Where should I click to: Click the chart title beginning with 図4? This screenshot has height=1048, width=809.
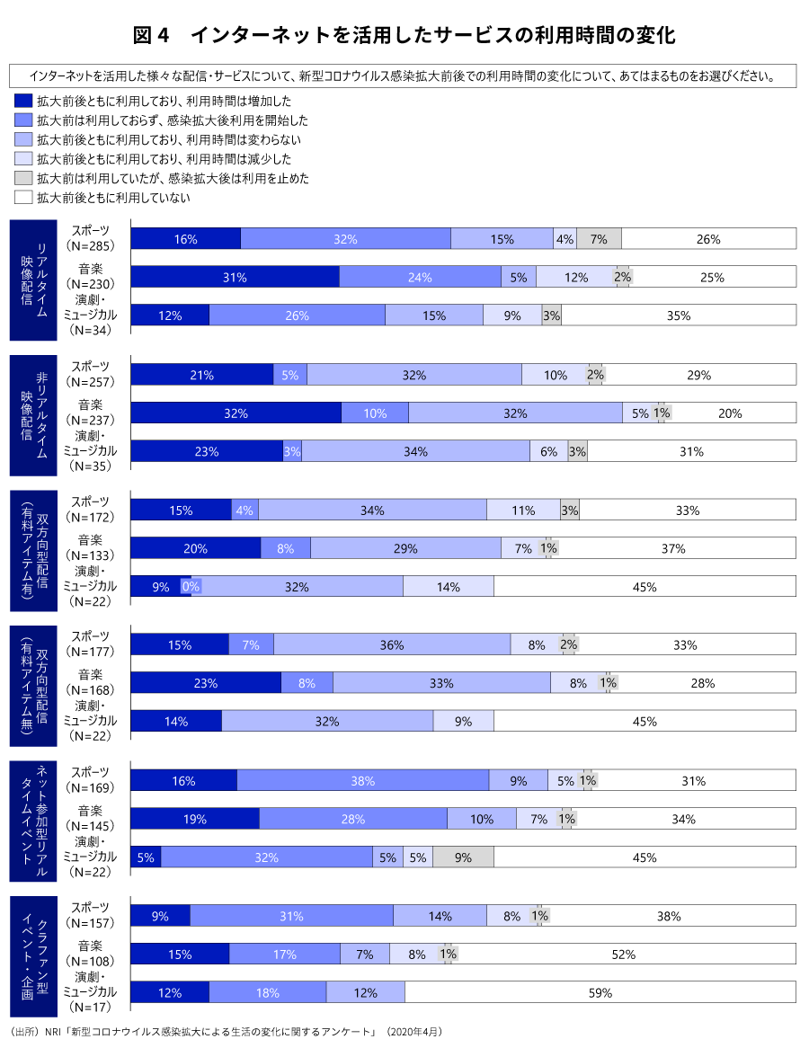coord(404,36)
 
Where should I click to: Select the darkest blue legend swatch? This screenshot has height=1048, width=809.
coord(23,102)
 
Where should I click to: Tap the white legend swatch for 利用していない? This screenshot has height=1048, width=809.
coord(23,197)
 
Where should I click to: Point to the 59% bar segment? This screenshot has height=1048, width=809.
coord(600,993)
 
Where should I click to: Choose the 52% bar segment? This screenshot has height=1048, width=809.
coord(624,955)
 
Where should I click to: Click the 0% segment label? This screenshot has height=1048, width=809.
coord(191,587)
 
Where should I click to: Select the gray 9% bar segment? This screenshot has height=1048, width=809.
coord(463,857)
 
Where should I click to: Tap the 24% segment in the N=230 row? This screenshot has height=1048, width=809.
coord(420,278)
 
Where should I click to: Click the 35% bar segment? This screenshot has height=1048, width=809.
coord(679,315)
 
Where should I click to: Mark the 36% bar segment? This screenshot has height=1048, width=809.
coord(392,644)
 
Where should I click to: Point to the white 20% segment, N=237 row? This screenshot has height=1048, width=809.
coord(731,413)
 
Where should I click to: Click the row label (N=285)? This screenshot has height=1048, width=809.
coord(90,245)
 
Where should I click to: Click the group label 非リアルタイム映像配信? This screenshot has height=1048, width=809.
coord(34,414)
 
